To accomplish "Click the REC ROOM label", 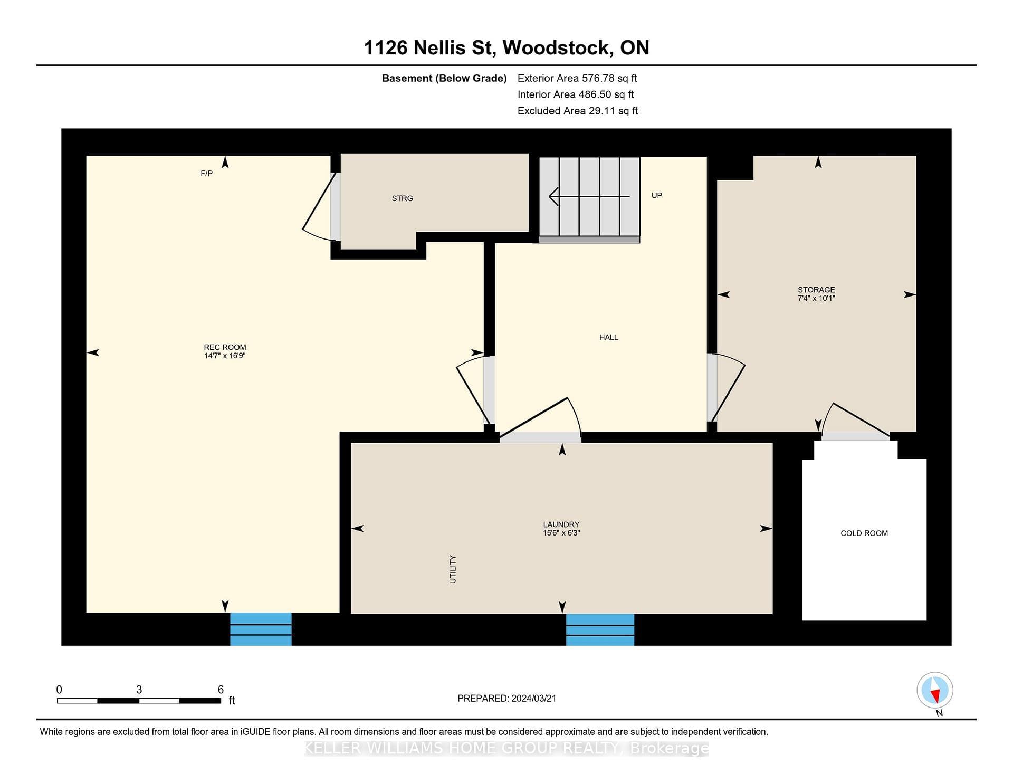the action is tap(225, 347).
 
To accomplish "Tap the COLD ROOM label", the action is tap(864, 533).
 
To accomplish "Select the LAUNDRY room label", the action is tap(561, 524).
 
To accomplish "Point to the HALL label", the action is tap(608, 337).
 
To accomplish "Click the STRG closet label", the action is tap(402, 198).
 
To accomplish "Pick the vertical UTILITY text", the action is tap(453, 569).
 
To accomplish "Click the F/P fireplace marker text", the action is tap(206, 174).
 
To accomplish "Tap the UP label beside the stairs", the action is tap(656, 195).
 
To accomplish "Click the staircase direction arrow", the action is tap(589, 196).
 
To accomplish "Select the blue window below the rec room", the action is tap(261, 629).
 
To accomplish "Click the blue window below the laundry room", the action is tap(600, 629).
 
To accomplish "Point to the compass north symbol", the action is tap(935, 691).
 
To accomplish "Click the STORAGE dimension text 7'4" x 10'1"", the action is tap(816, 299).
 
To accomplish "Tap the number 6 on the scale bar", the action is tap(221, 690).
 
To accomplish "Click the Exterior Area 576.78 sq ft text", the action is tap(577, 78).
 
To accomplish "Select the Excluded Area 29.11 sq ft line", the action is tap(578, 111).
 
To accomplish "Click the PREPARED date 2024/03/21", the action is tap(534, 699).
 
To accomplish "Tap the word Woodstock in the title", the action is tap(557, 48).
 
